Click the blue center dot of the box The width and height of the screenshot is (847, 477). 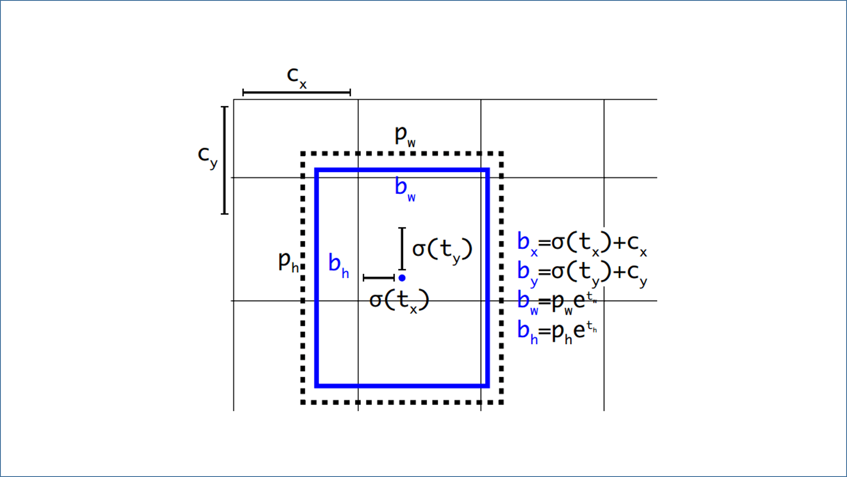point(402,278)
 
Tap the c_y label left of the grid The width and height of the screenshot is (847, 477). point(208,157)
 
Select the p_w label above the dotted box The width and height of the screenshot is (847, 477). point(405,136)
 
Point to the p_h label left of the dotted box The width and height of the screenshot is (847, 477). point(289,261)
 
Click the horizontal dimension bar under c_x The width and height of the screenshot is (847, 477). point(297,92)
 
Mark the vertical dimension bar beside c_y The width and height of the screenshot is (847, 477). point(225,160)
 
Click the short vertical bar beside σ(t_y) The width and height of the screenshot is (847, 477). point(402,249)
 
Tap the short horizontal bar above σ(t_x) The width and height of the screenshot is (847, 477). point(379,278)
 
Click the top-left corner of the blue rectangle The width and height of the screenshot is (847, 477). point(316,170)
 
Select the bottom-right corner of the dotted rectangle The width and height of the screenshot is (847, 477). point(501,402)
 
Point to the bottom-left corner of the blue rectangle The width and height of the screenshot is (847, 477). point(316,386)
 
